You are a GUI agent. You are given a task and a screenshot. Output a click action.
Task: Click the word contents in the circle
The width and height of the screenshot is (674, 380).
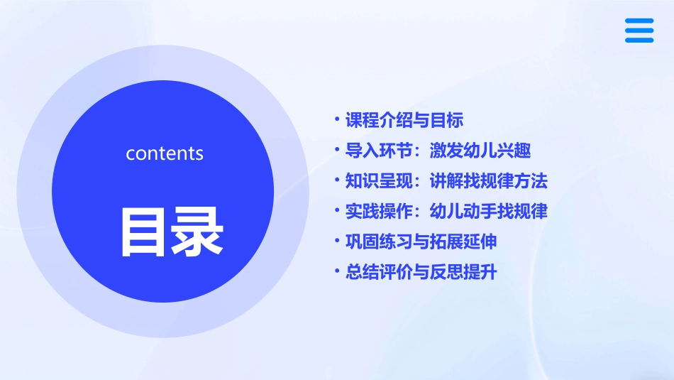click(165, 153)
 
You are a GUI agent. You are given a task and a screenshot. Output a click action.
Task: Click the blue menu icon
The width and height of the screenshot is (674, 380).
click(639, 31)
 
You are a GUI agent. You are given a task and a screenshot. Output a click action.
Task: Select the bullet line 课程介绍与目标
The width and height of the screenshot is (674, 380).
click(404, 120)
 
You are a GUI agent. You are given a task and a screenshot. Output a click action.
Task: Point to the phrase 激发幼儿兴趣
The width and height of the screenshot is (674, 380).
click(480, 151)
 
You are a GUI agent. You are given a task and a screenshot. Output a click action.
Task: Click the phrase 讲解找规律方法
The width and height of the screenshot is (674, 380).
click(489, 181)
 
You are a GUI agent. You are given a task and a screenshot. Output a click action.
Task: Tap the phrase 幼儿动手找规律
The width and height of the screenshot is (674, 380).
click(489, 212)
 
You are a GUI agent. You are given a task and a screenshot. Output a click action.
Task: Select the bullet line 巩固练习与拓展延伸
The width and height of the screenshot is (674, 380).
click(421, 241)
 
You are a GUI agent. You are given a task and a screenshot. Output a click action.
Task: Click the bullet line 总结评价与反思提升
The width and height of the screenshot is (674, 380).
click(421, 272)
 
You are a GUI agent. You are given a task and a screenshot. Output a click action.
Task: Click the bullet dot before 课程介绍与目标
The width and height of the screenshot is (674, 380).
click(337, 120)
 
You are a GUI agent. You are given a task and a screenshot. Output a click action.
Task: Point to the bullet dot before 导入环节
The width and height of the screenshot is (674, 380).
click(337, 151)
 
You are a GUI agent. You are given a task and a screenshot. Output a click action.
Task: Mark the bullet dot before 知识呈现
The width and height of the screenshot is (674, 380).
click(337, 181)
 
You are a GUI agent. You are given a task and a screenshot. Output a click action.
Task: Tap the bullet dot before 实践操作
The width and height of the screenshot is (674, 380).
click(337, 212)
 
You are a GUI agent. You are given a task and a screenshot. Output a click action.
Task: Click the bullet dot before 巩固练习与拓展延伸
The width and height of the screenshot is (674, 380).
click(337, 241)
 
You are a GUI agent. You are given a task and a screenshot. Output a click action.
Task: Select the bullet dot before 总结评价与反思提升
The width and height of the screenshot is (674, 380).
click(337, 272)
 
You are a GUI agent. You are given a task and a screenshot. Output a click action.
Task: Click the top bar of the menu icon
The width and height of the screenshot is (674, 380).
click(639, 21)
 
